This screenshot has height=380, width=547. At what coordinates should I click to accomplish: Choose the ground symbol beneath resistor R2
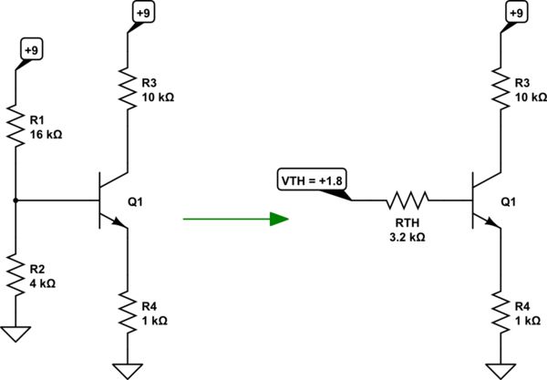pyautogui.click(x=16, y=334)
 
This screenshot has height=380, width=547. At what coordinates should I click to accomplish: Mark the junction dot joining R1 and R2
pyautogui.click(x=16, y=199)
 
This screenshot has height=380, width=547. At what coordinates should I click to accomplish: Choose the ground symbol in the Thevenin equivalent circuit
pyautogui.click(x=501, y=369)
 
